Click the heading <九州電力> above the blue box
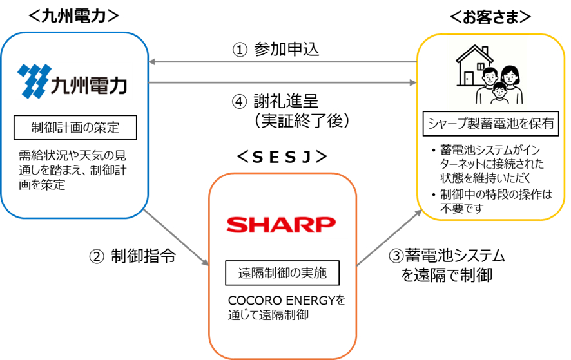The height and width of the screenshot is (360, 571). tap(74, 17)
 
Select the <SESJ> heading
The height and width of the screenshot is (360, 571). tap(282, 157)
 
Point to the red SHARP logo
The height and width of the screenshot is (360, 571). tap(282, 225)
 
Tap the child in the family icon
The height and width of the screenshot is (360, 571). tap(498, 93)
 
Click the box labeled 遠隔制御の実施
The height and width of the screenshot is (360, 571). tap(282, 273)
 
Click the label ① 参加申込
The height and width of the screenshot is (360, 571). tap(276, 50)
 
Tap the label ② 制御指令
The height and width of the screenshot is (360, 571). tap(133, 256)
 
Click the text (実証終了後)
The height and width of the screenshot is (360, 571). tap(293, 119)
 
